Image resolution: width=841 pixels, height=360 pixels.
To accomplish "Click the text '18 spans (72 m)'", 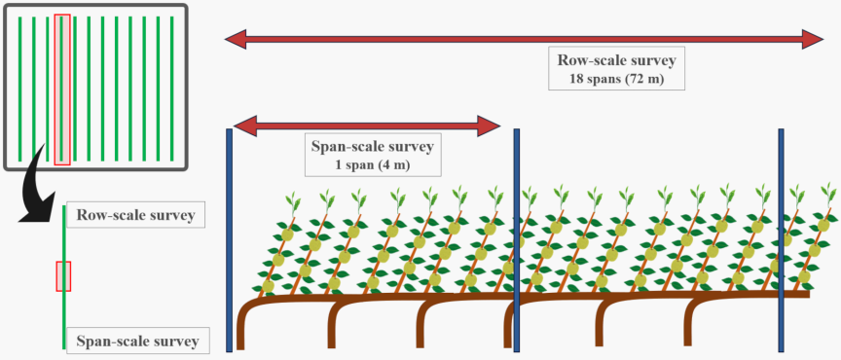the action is (x=616, y=80).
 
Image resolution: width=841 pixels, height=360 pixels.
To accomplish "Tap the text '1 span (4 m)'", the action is (x=373, y=165).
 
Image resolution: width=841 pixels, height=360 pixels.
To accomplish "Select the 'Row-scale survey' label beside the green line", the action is (x=135, y=215).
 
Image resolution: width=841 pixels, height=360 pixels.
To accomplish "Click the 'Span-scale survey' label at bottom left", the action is (x=137, y=341).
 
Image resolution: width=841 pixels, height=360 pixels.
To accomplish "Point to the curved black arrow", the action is (x=38, y=194).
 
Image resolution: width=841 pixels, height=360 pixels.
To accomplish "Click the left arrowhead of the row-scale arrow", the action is (x=236, y=39).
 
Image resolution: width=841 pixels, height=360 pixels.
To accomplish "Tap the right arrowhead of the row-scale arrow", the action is (x=813, y=39).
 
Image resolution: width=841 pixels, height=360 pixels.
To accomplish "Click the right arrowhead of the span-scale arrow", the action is (x=490, y=126).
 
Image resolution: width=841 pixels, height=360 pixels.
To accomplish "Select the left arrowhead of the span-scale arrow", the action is (x=245, y=126).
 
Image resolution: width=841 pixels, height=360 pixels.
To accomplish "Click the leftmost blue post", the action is (x=229, y=239).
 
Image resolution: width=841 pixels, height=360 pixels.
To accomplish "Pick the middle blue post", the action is (x=517, y=239).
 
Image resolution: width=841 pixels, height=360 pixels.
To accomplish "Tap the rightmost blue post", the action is (x=781, y=239).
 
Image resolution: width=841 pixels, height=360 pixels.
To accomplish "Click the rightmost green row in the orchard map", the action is (x=171, y=89).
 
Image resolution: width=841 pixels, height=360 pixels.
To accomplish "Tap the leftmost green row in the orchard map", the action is (x=19, y=89).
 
